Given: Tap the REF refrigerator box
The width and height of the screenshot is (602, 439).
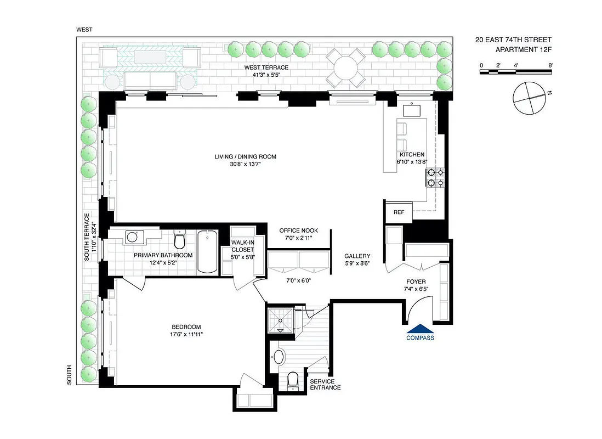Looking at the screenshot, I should (x=399, y=212).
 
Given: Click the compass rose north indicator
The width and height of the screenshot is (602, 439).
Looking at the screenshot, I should (x=548, y=94).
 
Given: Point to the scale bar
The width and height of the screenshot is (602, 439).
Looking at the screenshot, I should (x=515, y=72).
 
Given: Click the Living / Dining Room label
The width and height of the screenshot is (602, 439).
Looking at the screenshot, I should (x=245, y=157).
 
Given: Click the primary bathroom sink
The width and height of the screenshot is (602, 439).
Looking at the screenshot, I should (x=132, y=238).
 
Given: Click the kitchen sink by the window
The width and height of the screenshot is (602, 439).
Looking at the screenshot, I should (x=412, y=110).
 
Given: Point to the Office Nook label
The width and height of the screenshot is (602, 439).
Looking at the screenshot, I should (x=298, y=230).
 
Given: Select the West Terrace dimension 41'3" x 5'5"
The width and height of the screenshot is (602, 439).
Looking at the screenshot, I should (x=266, y=75).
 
